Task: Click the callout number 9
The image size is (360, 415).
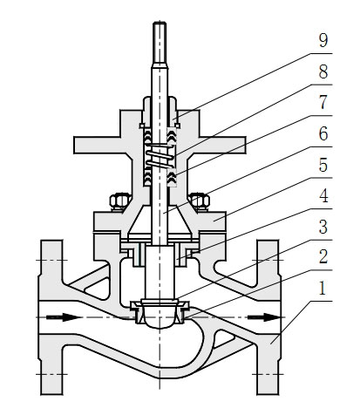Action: click(323, 40)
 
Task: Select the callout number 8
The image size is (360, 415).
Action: click(323, 71)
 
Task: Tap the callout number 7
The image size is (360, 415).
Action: click(323, 103)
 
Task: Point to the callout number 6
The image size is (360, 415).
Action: click(323, 133)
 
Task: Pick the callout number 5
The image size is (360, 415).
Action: click(323, 165)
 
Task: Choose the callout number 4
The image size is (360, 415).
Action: click(323, 196)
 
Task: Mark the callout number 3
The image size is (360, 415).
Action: click(323, 227)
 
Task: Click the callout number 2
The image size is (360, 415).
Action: click(323, 257)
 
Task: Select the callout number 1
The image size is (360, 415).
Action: click(323, 289)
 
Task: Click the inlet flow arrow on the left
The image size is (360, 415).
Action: click(65, 316)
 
